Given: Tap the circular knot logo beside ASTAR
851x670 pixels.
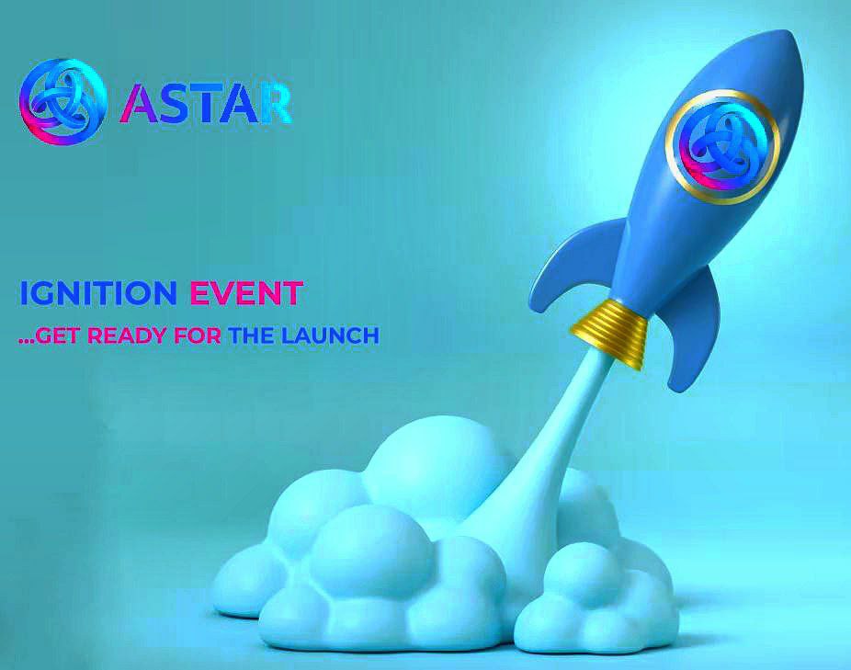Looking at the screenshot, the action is click(61, 102).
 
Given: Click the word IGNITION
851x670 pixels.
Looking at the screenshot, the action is click(98, 293).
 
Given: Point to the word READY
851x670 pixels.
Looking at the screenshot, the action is click(127, 335).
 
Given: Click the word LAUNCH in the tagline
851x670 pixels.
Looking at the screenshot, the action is click(329, 335).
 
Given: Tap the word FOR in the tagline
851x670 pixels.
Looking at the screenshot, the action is click(198, 335).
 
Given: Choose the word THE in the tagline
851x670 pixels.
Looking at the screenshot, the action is click(251, 335).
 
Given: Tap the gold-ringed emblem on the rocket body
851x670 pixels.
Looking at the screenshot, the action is click(721, 147).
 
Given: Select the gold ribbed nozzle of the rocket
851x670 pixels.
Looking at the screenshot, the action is click(609, 331).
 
